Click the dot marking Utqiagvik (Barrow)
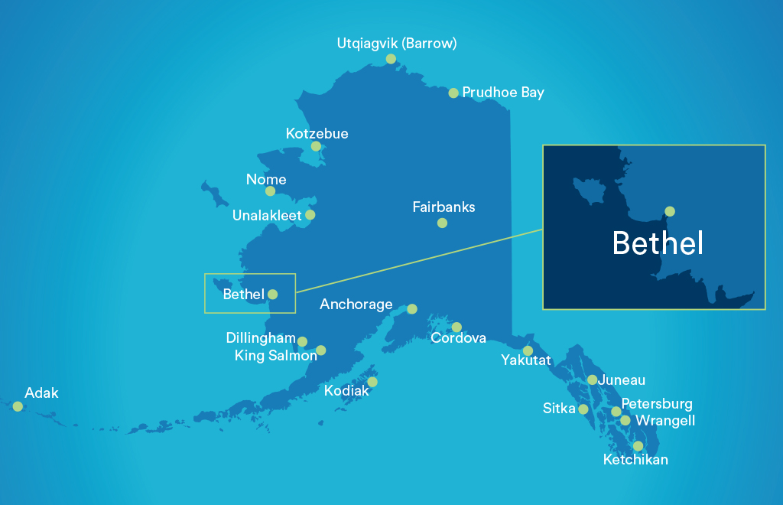tap(391, 59)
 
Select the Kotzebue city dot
tap(316, 146)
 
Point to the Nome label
tap(266, 180)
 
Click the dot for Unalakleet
tap(310, 215)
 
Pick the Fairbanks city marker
tap(442, 223)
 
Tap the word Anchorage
tap(356, 305)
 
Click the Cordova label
tap(458, 337)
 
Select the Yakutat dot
tap(528, 350)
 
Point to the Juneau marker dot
tap(592, 380)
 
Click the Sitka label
tap(559, 409)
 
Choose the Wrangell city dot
tap(625, 420)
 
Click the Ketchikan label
tap(635, 460)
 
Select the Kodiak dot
tap(372, 382)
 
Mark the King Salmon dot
tap(320, 350)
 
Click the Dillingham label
tap(261, 338)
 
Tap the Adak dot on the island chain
tap(18, 406)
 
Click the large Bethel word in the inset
tap(658, 243)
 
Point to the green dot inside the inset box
tap(670, 211)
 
